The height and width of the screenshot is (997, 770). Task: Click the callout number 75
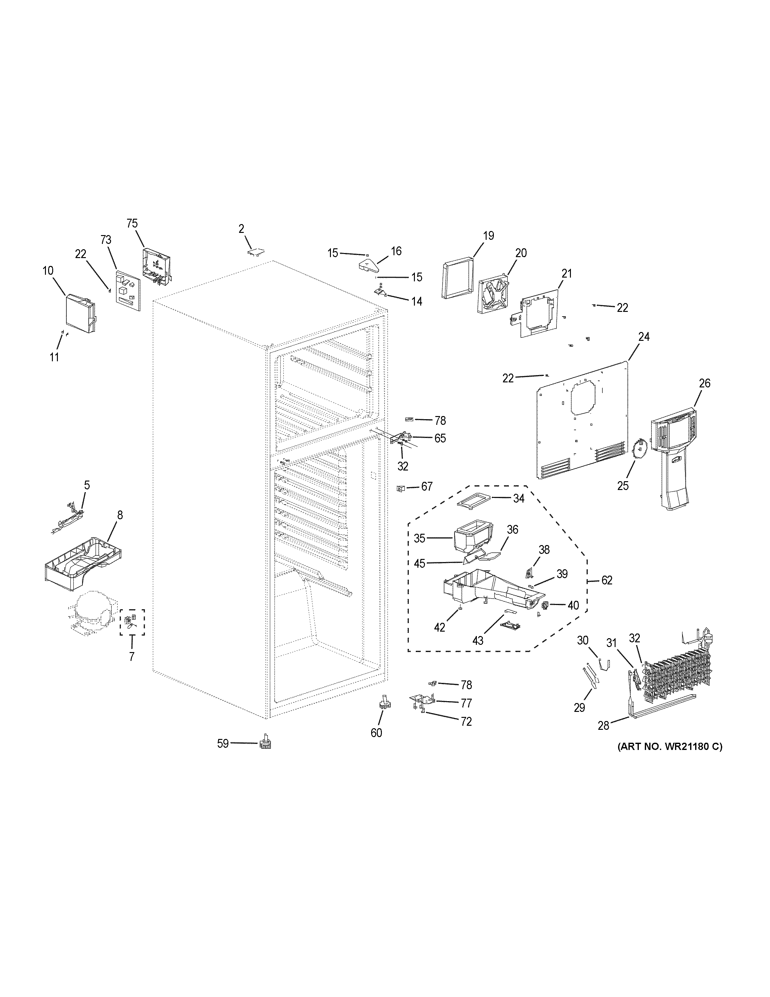132,223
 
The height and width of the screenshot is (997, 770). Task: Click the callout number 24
644,337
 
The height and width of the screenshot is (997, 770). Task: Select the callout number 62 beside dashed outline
607,580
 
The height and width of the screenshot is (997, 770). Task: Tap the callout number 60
376,733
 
